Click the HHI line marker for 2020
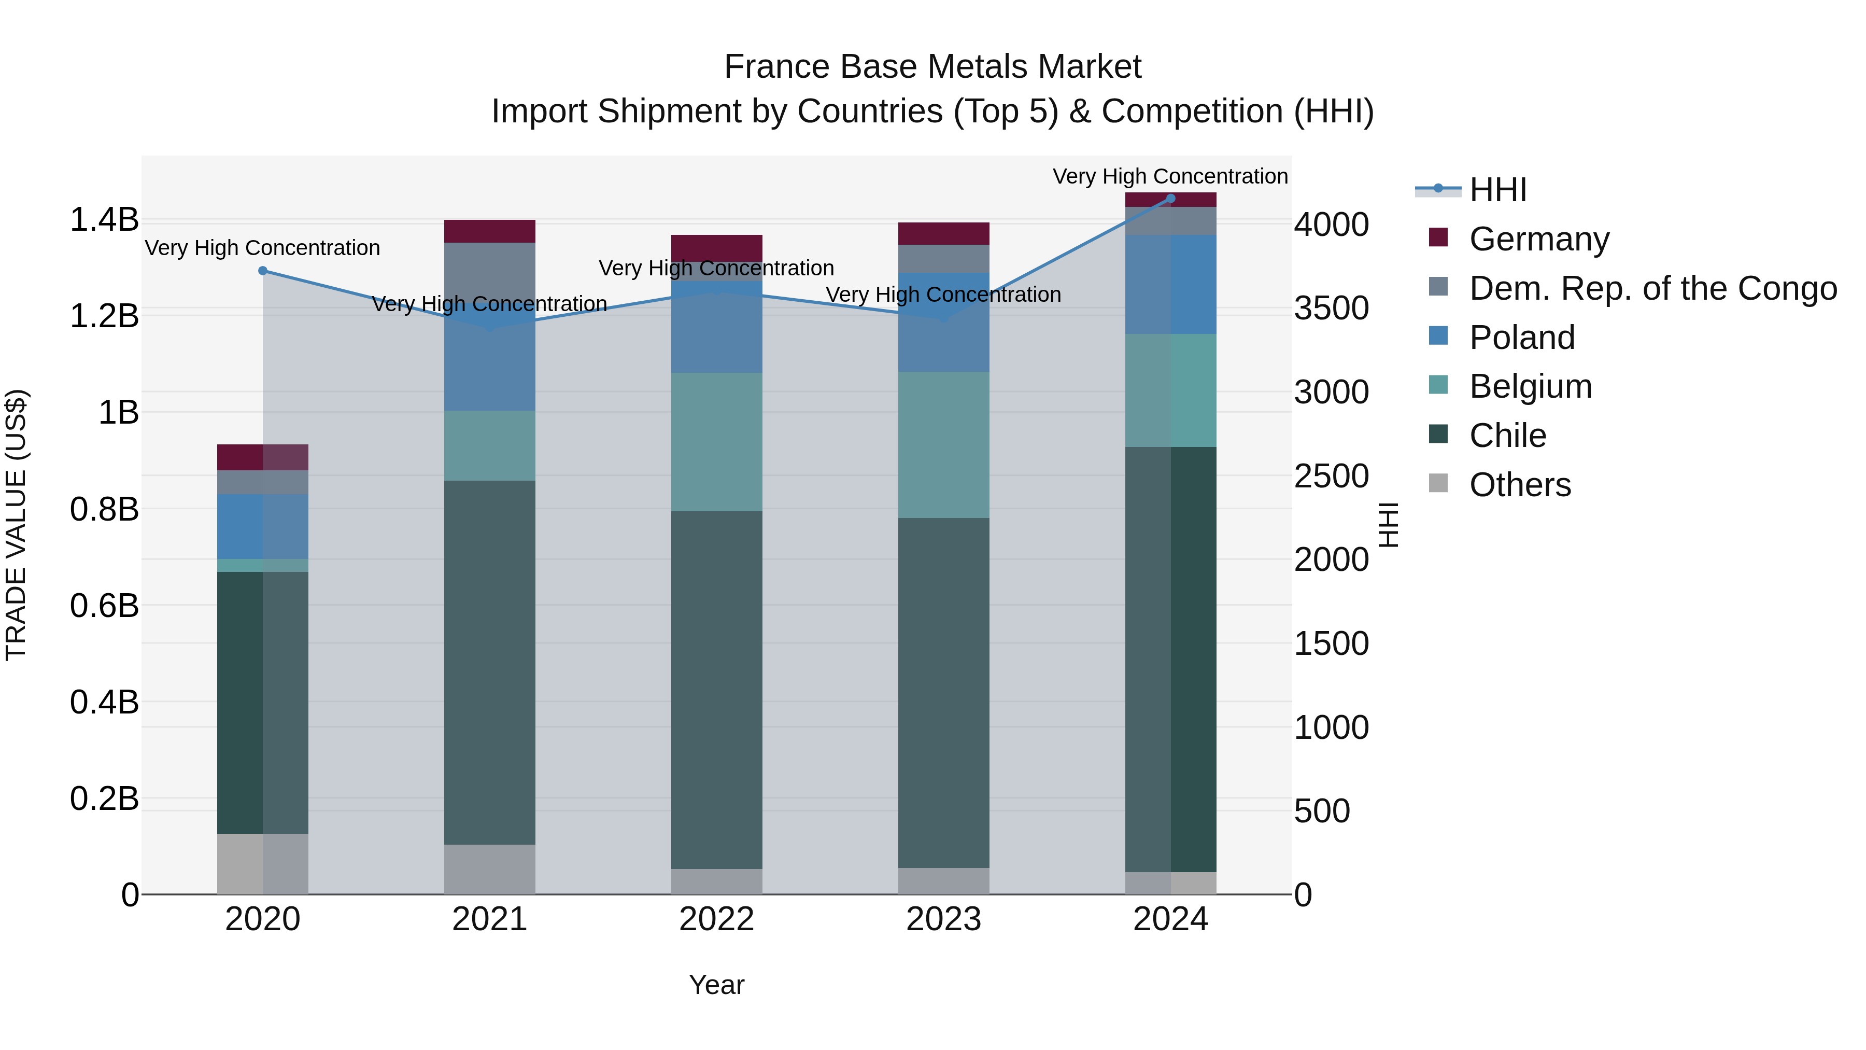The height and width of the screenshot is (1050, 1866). coord(263,271)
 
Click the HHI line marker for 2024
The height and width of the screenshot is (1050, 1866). coord(1170,199)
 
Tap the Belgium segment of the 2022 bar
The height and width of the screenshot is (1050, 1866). coord(716,442)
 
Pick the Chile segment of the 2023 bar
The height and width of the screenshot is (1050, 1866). coord(943,692)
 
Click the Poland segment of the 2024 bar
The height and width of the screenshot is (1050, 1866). coord(1170,284)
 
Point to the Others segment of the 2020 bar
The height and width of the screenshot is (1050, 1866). coord(262,864)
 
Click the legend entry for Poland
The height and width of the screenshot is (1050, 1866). coord(1521,338)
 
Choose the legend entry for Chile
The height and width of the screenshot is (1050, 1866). coord(1507,436)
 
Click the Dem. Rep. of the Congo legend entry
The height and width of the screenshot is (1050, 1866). coord(1651,288)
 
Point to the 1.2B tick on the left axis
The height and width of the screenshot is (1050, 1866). coord(104,316)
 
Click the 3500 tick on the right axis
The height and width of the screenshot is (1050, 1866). coord(1332,308)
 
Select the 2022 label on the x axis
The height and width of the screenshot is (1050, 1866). coord(716,919)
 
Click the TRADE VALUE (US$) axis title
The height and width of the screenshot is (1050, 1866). coord(16,525)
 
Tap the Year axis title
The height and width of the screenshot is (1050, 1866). coord(716,985)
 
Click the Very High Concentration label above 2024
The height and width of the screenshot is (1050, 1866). coord(1170,176)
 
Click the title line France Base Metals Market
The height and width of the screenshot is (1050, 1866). coord(932,67)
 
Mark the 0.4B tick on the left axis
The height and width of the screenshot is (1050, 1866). coord(104,702)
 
